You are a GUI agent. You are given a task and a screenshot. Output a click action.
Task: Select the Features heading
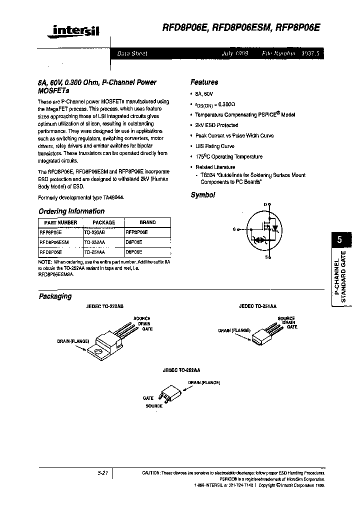[204, 82]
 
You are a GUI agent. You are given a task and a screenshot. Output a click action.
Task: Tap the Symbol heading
[202, 195]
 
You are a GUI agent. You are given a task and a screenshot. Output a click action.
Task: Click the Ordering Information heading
[71, 211]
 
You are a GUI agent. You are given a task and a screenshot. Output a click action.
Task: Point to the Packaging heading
[55, 296]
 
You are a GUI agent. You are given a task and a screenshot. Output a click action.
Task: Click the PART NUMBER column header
[60, 222]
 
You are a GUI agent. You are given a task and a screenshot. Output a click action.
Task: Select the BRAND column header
[147, 222]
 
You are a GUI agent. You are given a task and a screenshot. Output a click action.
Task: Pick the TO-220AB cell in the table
[94, 232]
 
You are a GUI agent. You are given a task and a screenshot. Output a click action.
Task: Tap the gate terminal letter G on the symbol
[233, 229]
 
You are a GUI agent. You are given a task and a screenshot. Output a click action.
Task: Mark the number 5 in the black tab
[339, 239]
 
